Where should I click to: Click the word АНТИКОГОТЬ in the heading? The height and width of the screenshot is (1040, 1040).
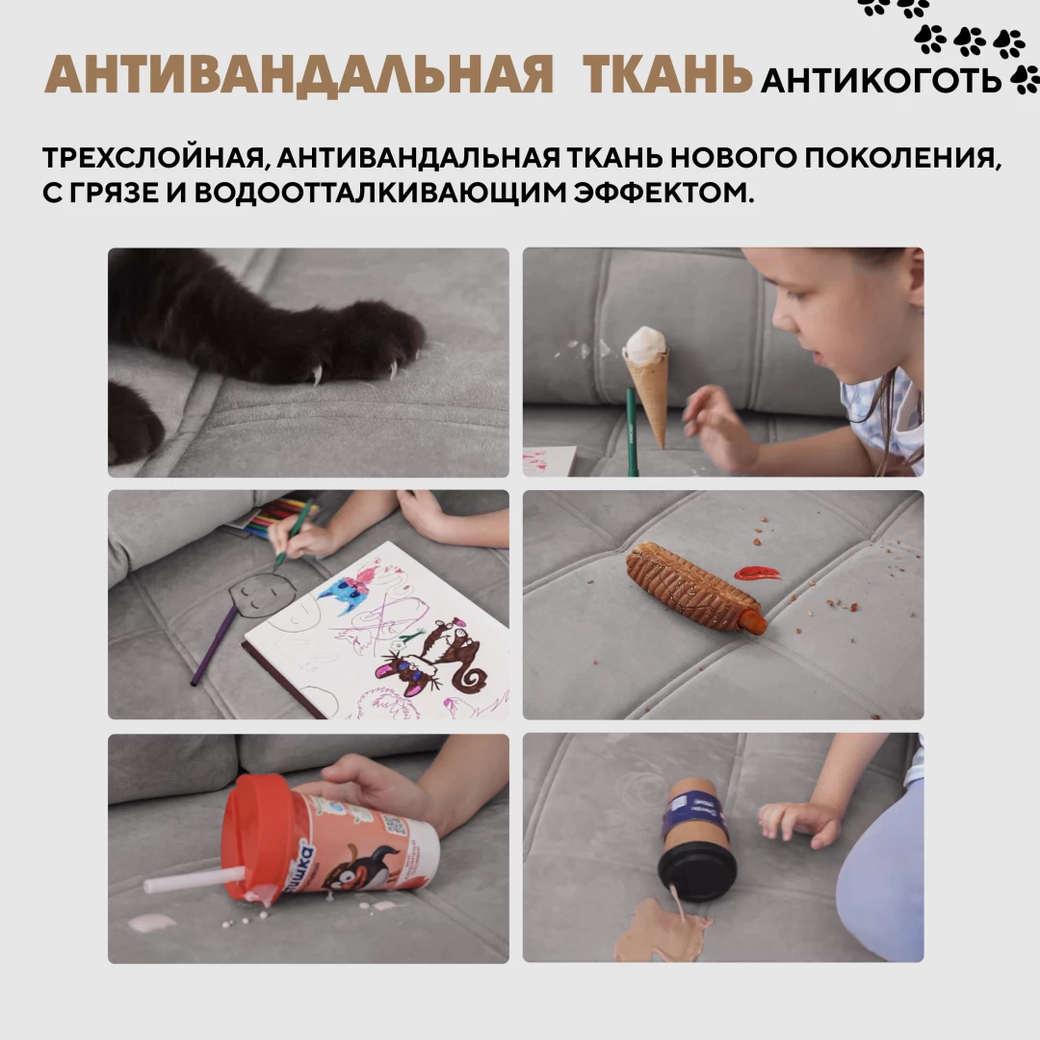(x=881, y=81)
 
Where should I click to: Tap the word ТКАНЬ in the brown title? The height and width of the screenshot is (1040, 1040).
(x=667, y=74)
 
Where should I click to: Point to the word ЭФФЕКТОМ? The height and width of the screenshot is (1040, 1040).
(x=663, y=193)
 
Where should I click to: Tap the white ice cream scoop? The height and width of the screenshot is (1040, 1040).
(x=645, y=344)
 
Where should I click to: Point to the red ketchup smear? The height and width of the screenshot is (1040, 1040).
(x=757, y=572)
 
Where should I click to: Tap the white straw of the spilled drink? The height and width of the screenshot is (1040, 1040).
(x=194, y=880)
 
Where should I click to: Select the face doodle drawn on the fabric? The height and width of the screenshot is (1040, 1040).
(x=263, y=594)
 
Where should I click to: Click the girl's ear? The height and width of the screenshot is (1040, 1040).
(x=915, y=278)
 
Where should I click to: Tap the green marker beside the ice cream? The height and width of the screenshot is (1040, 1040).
(x=632, y=432)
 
